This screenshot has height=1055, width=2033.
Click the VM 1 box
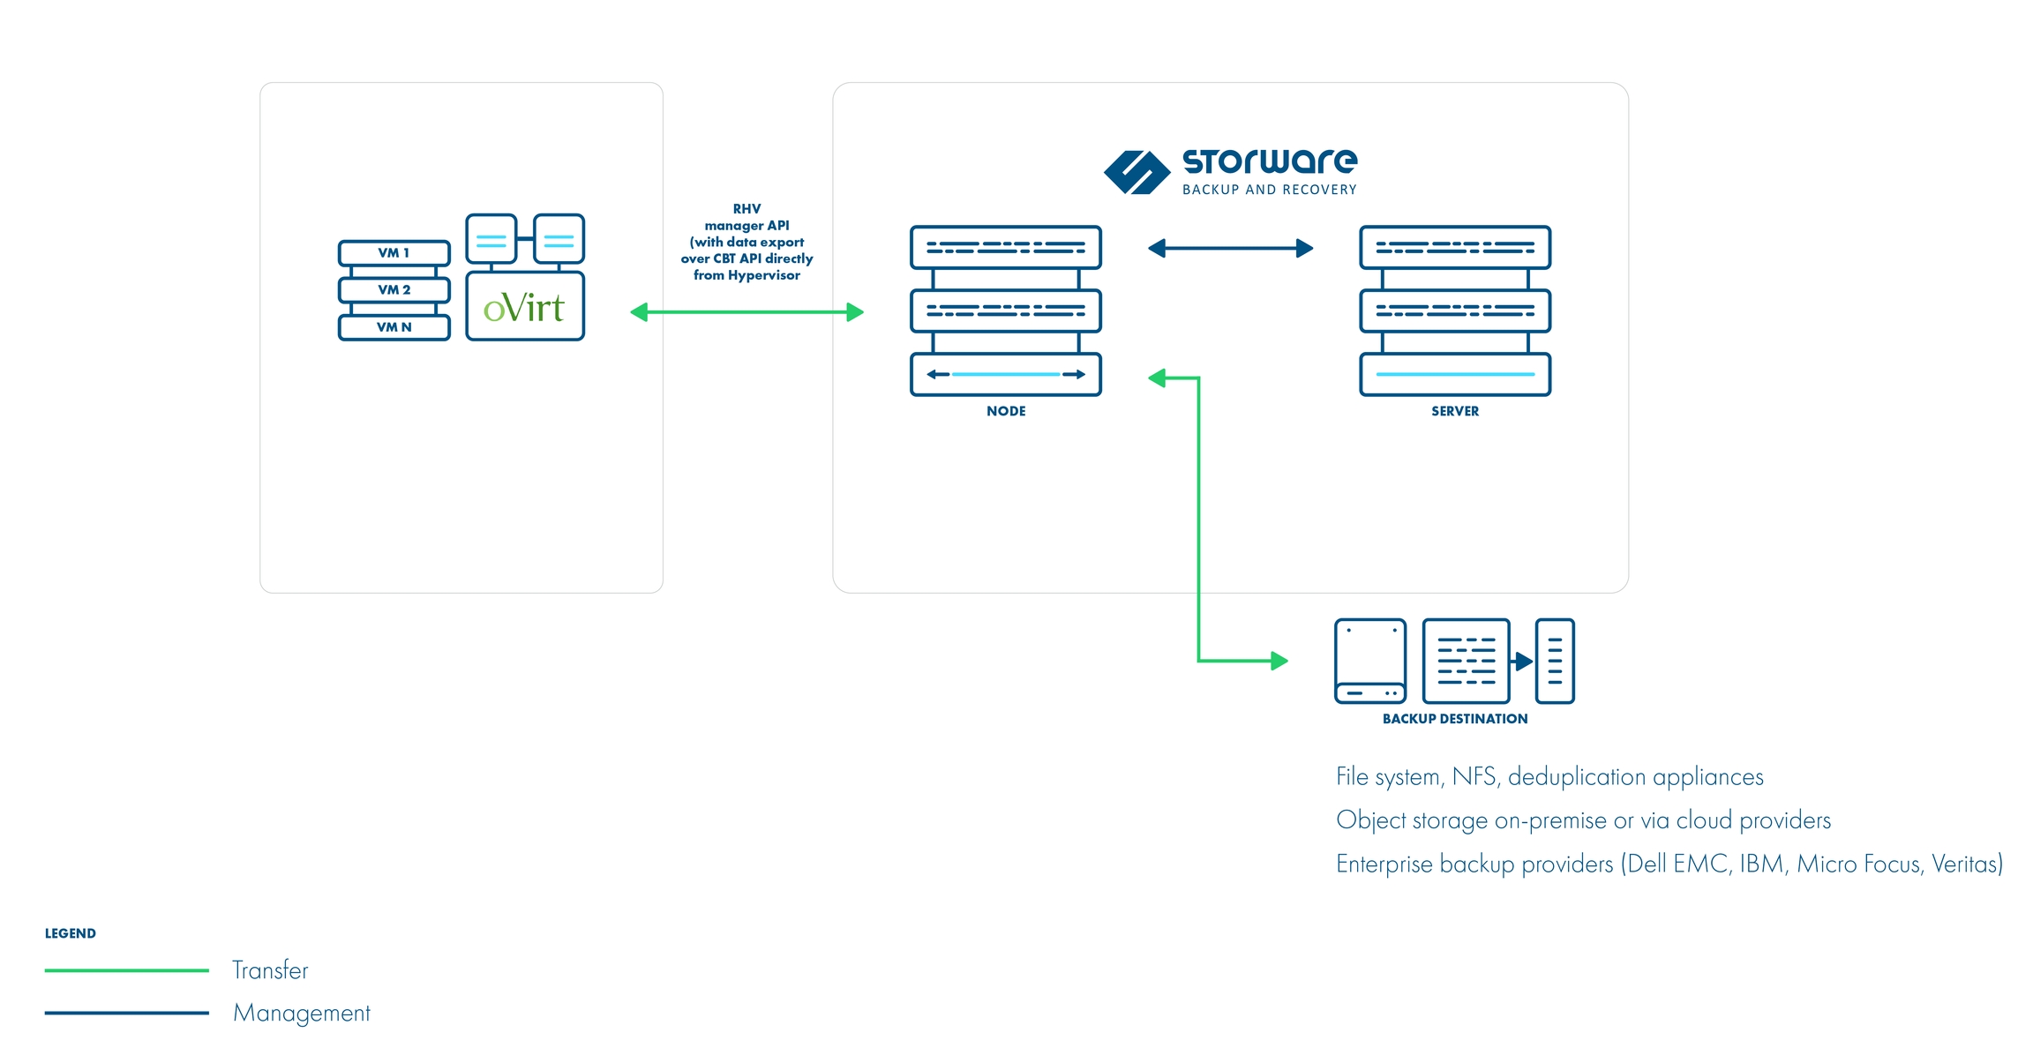click(394, 253)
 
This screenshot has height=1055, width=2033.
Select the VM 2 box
click(394, 290)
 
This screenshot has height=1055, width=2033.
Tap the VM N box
click(394, 327)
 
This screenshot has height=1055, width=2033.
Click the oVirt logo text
click(524, 308)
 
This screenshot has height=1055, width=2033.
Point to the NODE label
click(1006, 411)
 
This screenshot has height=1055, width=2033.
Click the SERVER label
click(1454, 411)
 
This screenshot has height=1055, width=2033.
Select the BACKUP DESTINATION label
click(1454, 719)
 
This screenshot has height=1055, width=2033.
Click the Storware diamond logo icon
click(1137, 172)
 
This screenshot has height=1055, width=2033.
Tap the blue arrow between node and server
click(1230, 249)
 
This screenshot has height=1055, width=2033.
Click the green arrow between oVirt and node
click(746, 312)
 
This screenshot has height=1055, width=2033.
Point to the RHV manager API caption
click(746, 243)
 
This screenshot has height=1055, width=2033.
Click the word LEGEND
click(71, 933)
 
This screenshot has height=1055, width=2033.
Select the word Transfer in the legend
click(270, 970)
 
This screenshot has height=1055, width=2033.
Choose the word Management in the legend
click(302, 1013)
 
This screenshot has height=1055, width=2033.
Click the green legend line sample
click(126, 970)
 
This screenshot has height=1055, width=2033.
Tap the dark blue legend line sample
click(126, 1013)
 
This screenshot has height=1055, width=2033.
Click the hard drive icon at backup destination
click(1369, 662)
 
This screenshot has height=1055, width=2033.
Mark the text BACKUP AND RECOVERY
click(1269, 190)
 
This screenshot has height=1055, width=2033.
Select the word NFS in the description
click(1473, 776)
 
